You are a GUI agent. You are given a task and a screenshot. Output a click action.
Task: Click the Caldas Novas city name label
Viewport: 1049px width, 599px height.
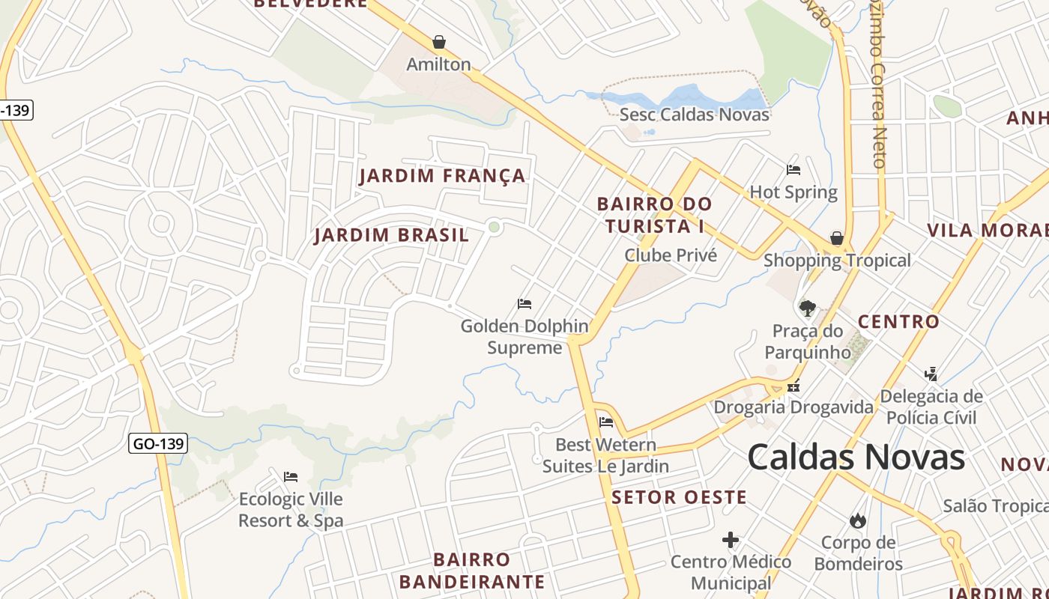(856, 457)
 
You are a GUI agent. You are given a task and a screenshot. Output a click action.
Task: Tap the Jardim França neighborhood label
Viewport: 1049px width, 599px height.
(442, 177)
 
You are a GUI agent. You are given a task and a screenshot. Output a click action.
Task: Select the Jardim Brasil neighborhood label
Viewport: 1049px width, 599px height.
(391, 235)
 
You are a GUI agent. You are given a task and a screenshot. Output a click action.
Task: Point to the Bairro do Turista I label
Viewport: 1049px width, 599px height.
(654, 215)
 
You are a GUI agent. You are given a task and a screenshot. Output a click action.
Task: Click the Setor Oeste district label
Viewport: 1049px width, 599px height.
(679, 497)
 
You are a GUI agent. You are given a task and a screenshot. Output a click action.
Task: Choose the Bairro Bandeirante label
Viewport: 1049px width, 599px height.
(472, 571)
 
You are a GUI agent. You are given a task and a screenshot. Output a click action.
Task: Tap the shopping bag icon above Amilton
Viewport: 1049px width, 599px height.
(439, 42)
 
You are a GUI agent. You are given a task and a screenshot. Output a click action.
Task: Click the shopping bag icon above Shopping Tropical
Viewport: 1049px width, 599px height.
(837, 239)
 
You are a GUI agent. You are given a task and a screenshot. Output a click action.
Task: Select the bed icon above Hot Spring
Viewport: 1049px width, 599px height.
(793, 170)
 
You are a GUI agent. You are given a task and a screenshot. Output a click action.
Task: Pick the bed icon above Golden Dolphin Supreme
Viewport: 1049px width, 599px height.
(524, 304)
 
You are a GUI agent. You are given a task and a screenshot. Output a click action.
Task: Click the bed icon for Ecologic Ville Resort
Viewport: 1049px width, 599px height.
(291, 476)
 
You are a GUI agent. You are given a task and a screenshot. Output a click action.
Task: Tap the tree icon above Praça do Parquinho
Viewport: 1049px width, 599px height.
(807, 308)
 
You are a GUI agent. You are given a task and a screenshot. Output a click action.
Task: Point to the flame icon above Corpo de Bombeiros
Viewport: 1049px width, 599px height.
(858, 520)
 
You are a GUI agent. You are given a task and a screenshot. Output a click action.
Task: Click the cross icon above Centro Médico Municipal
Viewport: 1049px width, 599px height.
(731, 540)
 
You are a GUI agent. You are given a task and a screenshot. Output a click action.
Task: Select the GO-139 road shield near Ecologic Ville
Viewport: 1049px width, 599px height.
(157, 443)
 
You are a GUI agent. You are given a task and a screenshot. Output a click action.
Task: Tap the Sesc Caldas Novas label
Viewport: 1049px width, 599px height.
(694, 115)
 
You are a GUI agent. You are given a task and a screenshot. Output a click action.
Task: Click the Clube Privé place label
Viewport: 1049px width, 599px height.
(671, 255)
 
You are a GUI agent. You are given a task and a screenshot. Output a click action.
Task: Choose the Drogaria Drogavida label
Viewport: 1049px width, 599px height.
(793, 407)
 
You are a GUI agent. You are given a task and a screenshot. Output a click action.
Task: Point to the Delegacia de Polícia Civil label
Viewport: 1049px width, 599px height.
(931, 407)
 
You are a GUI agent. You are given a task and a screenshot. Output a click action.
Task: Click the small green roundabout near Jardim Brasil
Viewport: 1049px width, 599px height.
(494, 227)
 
